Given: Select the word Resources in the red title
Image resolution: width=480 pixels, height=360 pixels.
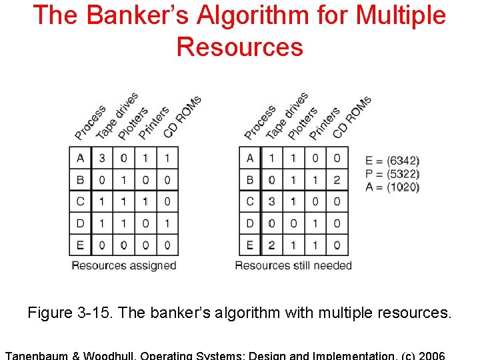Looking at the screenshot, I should (x=240, y=47).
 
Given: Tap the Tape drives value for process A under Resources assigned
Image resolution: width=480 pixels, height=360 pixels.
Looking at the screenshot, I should (x=102, y=158).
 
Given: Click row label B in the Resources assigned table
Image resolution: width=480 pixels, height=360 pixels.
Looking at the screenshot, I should (x=80, y=180).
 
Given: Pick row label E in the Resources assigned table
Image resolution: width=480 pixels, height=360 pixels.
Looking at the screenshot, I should (x=80, y=245).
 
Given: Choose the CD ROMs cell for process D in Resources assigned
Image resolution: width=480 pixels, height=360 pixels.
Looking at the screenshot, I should (x=167, y=223).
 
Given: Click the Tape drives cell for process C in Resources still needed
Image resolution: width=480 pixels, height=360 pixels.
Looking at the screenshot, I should (x=272, y=201).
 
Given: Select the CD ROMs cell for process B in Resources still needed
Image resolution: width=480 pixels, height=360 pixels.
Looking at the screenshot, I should (x=337, y=180).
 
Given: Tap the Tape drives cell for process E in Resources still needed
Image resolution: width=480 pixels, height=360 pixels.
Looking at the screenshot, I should (x=272, y=245).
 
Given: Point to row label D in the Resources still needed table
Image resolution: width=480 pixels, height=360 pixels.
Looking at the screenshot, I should (x=250, y=223).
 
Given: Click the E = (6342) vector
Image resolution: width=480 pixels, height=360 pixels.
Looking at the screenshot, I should (x=393, y=161).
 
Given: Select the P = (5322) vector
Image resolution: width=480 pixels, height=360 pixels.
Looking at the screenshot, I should (x=393, y=174).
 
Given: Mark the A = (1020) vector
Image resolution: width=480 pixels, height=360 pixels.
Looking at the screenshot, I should (x=393, y=187).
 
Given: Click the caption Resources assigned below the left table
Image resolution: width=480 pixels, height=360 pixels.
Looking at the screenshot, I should (x=124, y=265).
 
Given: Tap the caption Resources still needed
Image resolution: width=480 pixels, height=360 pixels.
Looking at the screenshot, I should (x=293, y=265).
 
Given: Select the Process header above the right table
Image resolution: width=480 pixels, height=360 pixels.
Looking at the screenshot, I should (x=259, y=123).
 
